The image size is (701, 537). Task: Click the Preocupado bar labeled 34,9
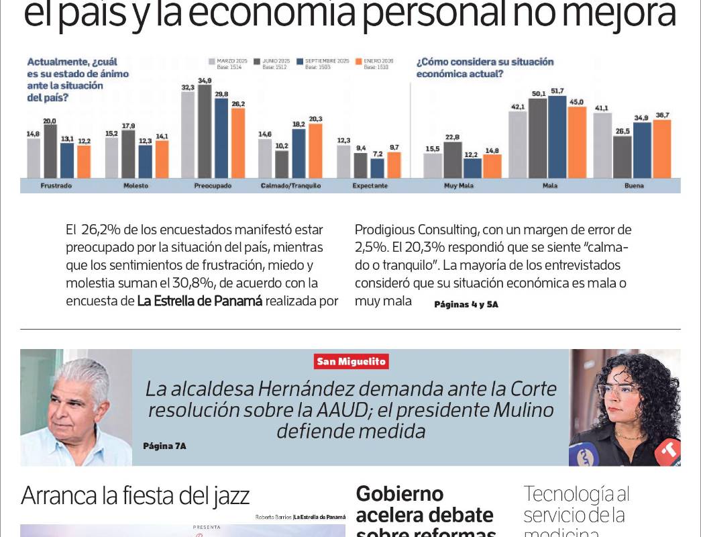click(x=205, y=131)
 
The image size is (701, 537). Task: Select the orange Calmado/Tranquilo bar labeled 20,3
click(x=315, y=150)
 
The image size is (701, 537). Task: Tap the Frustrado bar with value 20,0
click(x=50, y=151)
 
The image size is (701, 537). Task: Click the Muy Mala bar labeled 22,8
click(x=452, y=159)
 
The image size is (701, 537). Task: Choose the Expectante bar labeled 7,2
click(x=378, y=168)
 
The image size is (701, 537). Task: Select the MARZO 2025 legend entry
click(x=228, y=64)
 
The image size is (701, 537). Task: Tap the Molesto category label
click(x=136, y=185)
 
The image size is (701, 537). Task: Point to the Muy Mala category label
click(x=460, y=185)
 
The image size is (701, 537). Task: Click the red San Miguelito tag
click(x=352, y=361)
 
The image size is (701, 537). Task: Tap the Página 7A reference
click(x=164, y=446)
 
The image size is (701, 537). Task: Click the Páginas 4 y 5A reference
click(x=466, y=304)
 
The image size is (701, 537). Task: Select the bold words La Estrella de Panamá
click(x=199, y=301)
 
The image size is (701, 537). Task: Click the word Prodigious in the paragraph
click(x=385, y=230)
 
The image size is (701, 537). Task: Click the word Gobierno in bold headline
click(x=399, y=494)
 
